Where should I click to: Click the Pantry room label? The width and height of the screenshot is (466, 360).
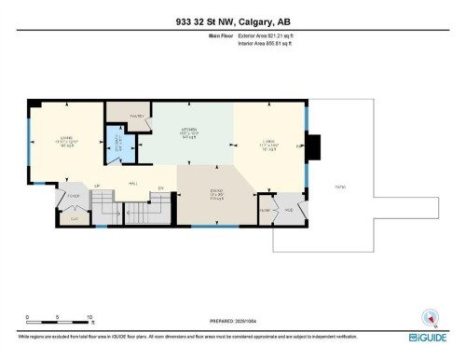click(121, 116)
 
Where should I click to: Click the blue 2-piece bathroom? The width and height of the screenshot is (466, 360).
click(117, 145)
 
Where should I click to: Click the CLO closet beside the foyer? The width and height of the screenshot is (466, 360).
click(75, 216)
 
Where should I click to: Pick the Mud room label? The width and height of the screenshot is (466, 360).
click(289, 210)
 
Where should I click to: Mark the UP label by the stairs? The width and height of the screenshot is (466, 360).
click(97, 187)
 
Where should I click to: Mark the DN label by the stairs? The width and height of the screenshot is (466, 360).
click(160, 187)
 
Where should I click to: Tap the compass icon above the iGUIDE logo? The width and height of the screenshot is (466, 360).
click(430, 316)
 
